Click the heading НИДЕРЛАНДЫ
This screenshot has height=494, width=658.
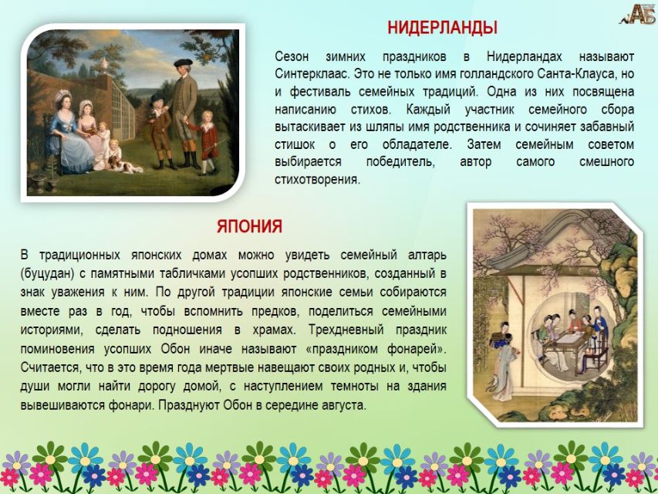(x=442, y=28)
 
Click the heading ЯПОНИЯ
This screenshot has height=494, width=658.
(x=250, y=226)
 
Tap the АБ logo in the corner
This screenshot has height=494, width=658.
(x=638, y=15)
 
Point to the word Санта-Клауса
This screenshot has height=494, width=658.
(x=573, y=74)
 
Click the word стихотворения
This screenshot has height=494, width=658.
(x=318, y=180)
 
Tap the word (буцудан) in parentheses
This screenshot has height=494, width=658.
(x=47, y=274)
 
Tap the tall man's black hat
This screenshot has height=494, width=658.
(x=183, y=63)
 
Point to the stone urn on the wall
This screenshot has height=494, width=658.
(x=103, y=66)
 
